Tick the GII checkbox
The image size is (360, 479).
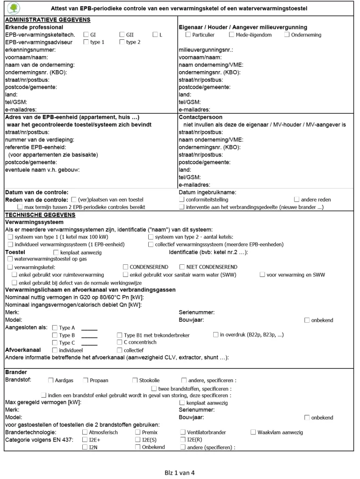pos(122,35)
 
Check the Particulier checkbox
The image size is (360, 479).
pos(188,35)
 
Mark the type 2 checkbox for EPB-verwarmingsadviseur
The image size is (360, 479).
pos(122,42)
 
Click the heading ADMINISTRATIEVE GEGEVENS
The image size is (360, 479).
pos(47,20)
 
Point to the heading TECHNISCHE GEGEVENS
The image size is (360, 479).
pos(36,214)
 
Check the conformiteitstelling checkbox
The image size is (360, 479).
pos(182,200)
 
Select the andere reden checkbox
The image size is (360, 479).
pos(296,200)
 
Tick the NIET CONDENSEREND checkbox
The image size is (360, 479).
pos(181,267)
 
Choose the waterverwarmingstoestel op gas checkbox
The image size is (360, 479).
pos(11,258)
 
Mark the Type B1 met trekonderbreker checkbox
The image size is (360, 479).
pos(120,335)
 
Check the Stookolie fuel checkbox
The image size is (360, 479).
pos(135,380)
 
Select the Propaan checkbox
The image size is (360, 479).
pos(86,380)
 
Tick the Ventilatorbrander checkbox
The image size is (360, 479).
pos(183,432)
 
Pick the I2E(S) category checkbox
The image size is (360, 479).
pos(138,440)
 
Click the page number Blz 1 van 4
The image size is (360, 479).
pos(180,472)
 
